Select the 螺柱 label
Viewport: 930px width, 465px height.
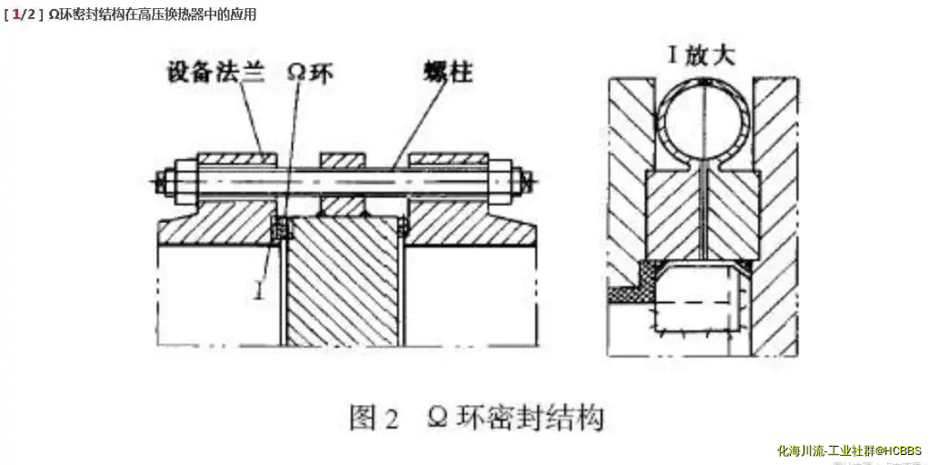(447, 72)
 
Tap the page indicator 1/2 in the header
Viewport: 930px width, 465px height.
(23, 15)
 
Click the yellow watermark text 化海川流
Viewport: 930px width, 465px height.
(799, 450)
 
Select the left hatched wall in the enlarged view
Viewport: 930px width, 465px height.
(627, 164)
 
